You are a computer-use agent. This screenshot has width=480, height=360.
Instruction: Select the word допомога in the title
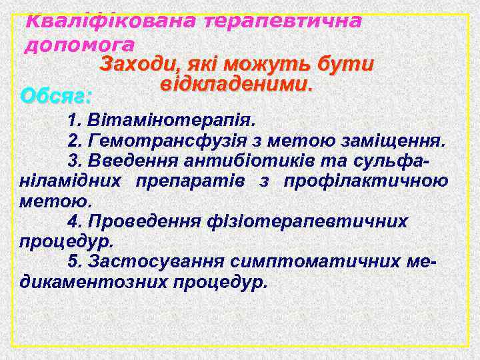pos(79,45)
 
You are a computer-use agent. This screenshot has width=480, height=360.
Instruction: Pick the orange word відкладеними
pos(236,85)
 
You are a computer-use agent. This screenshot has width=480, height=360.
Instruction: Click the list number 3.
pos(73,161)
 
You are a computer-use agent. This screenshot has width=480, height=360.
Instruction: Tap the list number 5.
pos(73,261)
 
